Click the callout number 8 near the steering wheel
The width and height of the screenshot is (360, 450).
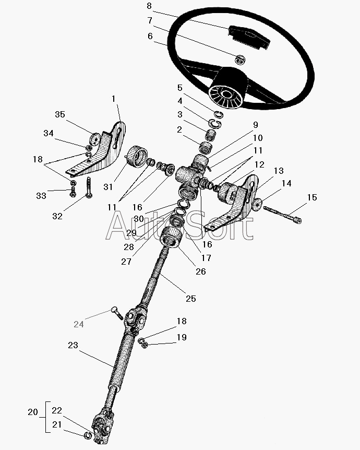point(149,6)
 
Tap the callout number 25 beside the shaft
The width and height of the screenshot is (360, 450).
point(191,299)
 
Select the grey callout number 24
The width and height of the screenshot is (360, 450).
point(79,324)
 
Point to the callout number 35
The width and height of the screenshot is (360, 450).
point(60,114)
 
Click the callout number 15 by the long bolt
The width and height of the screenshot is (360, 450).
point(312,197)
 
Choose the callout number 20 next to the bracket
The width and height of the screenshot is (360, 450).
point(33,412)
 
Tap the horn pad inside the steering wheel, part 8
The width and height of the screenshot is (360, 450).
point(249,37)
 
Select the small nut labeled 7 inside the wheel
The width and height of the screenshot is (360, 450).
point(241,60)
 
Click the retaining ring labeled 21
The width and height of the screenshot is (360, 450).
point(88,435)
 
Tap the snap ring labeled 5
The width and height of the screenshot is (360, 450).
point(219,114)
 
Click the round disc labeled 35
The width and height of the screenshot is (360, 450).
point(94,138)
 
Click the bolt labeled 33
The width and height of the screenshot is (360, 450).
point(73,192)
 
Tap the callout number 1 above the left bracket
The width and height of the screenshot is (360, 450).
point(113,99)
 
